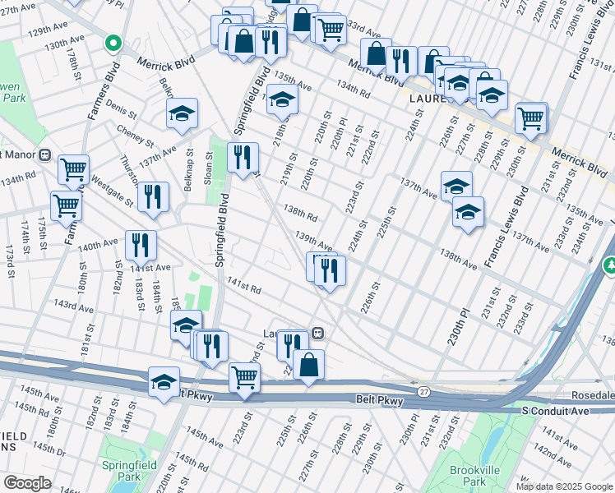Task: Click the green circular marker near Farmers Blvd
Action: point(113,43)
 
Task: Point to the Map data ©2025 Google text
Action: point(563,486)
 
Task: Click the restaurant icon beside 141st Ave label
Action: point(141,244)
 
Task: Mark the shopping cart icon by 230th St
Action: point(531,117)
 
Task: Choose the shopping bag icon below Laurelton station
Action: point(308,364)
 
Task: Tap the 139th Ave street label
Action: point(314,241)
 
